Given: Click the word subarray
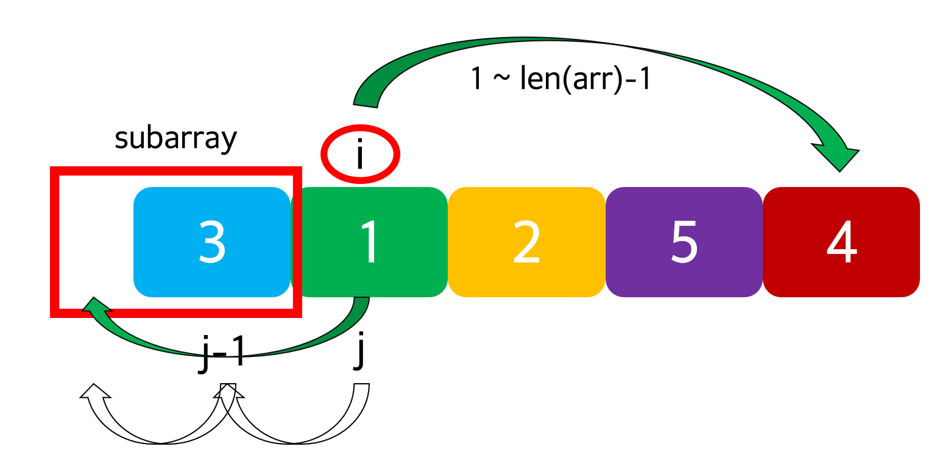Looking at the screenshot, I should (175, 139).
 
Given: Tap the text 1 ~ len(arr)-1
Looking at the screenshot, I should (561, 80).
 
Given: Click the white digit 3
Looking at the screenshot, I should (212, 242).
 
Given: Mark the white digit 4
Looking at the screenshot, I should (841, 242).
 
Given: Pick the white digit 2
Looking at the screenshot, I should (526, 242).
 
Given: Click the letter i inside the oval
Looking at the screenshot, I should (360, 154).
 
